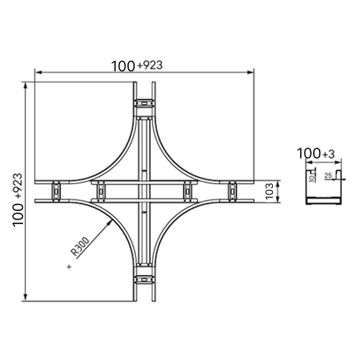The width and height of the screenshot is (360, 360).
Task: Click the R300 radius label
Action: pyautogui.click(x=80, y=246)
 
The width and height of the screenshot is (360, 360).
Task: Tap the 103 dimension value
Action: pyautogui.click(x=270, y=192)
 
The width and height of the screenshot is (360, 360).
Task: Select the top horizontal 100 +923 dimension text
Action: pyautogui.click(x=137, y=66)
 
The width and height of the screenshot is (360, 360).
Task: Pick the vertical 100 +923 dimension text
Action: pyautogui.click(x=18, y=199)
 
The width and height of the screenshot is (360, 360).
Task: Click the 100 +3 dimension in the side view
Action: pyautogui.click(x=316, y=153)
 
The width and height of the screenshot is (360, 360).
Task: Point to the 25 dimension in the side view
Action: pyautogui.click(x=328, y=176)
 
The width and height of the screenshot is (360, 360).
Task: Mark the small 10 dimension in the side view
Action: pyautogui.click(x=311, y=179)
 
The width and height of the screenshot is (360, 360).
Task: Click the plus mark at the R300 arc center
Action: pyautogui.click(x=69, y=266)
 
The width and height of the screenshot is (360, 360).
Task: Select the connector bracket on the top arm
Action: pyautogui.click(x=144, y=104)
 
